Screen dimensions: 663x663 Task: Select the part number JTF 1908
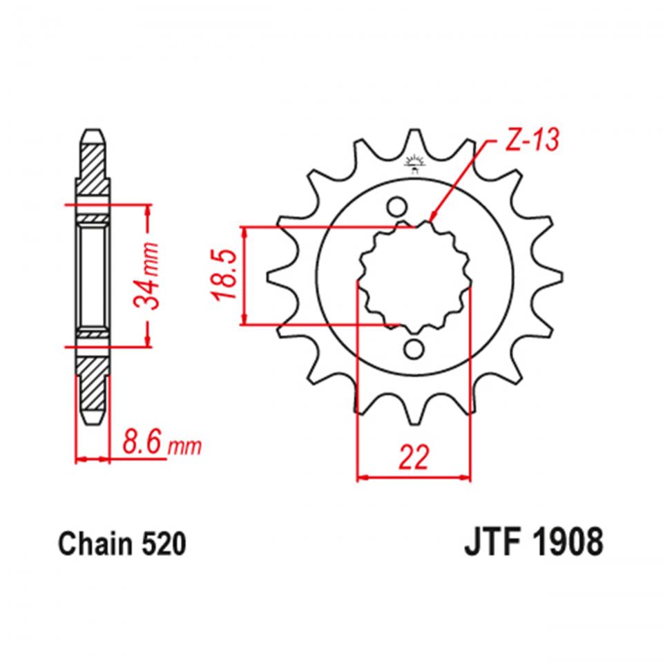(532, 543)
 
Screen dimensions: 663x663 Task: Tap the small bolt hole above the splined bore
(396, 206)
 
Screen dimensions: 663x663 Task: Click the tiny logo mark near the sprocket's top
(415, 162)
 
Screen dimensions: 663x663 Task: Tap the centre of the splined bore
(414, 276)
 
